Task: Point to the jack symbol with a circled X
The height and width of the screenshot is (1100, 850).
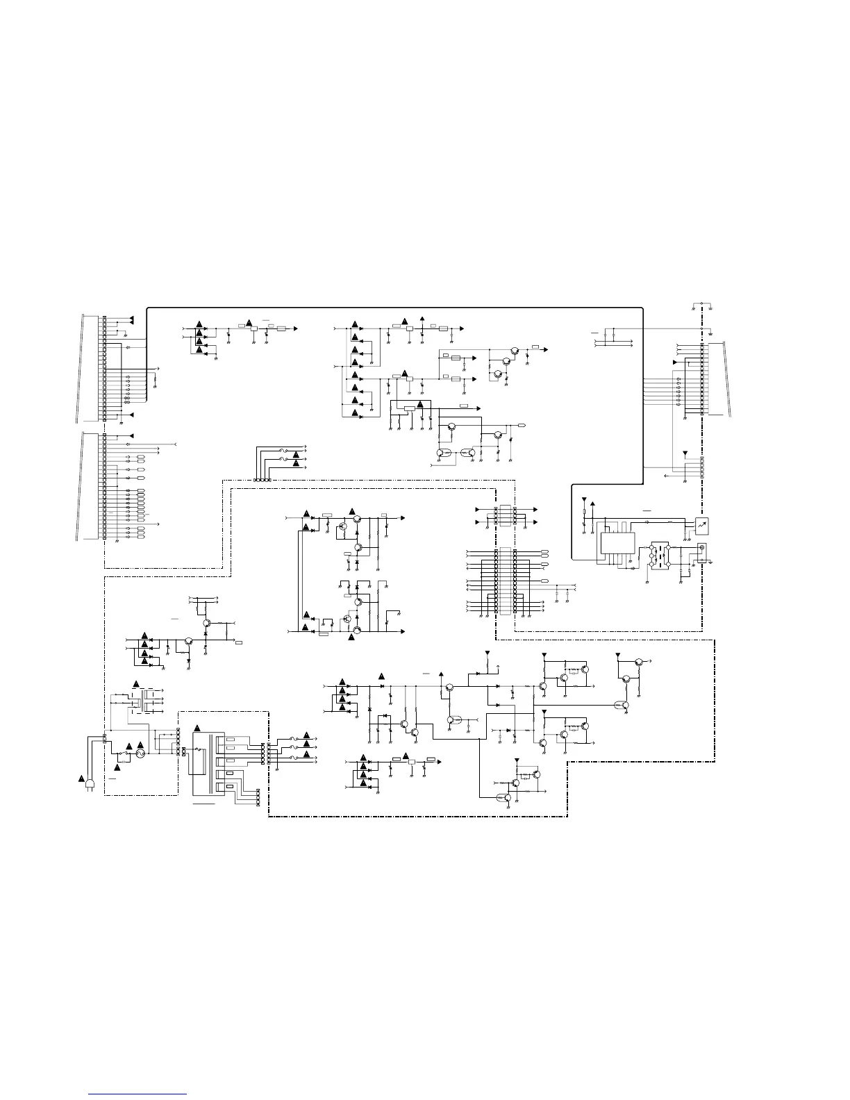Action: point(701,549)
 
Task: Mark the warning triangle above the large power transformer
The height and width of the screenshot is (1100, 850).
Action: point(196,727)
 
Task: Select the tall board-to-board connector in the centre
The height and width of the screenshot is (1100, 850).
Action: point(506,581)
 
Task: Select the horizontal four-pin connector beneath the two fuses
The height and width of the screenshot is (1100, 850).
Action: point(262,480)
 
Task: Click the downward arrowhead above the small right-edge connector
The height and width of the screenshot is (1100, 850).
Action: point(686,453)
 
